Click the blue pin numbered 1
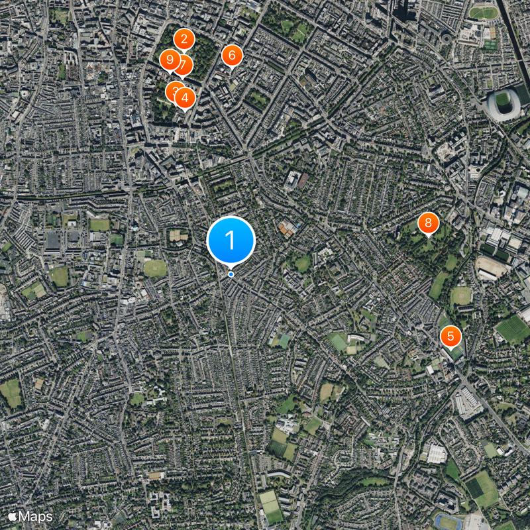231,240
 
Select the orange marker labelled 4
185,98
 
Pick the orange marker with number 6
232,56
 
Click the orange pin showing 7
183,66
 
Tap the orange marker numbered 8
429,223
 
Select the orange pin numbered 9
170,61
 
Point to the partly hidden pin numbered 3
173,90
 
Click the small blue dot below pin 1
231,274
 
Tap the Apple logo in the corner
12,515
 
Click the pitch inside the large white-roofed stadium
503,101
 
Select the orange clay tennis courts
288,229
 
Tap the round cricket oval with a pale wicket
155,267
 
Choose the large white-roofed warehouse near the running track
437,454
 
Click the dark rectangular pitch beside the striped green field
474,487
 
